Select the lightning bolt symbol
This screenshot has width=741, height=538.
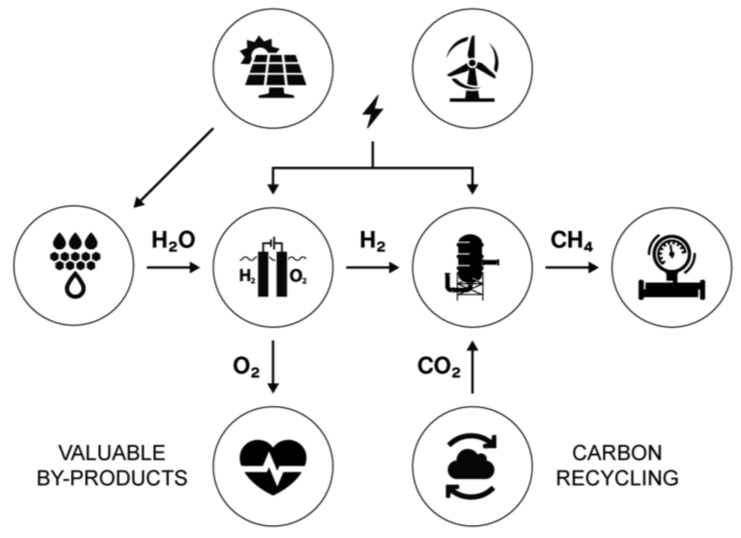tap(372, 111)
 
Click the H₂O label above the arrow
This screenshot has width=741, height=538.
tap(173, 241)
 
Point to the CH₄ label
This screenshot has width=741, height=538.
tap(571, 241)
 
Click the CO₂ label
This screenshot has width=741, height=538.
tap(439, 367)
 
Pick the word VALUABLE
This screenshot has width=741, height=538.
tap(112, 453)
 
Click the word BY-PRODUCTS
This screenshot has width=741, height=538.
tap(112, 478)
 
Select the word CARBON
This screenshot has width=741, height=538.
tap(617, 453)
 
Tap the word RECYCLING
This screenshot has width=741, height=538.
tap(617, 478)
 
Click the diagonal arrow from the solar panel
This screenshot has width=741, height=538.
tap(173, 168)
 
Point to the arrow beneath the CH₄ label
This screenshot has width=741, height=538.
tap(571, 268)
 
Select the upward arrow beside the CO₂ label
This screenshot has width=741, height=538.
tap(472, 367)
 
